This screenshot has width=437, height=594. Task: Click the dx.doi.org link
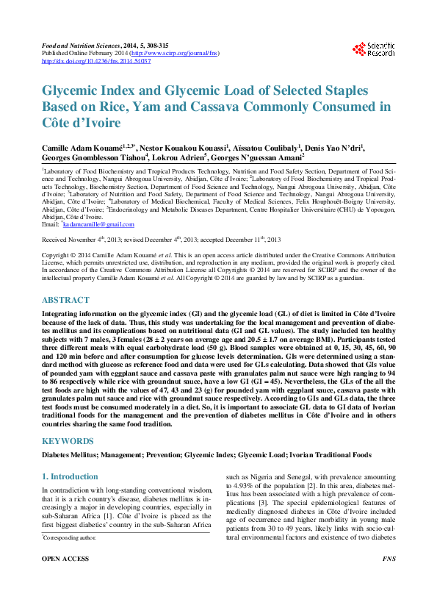(96, 62)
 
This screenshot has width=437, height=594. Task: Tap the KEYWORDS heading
(68, 441)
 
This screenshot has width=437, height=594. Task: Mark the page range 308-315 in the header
(153, 46)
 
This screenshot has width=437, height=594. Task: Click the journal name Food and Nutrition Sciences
(75, 46)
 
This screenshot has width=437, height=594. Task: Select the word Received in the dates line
(57, 240)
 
